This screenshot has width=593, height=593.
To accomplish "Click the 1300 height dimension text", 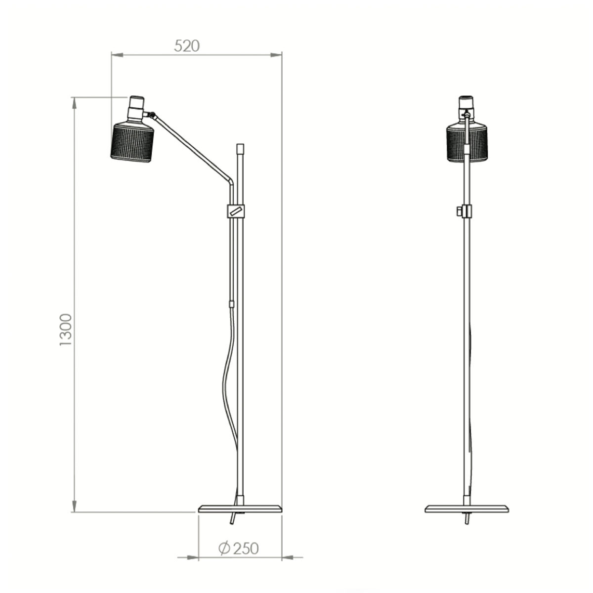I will (66, 329).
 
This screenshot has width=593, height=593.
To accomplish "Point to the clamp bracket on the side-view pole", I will (236, 211).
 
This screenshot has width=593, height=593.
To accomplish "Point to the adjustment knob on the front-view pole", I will (461, 211).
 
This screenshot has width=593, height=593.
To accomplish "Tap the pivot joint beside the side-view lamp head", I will (153, 116).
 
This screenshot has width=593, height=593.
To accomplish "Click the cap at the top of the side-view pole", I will (240, 148).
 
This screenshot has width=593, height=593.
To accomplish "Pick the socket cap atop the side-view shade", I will (136, 105).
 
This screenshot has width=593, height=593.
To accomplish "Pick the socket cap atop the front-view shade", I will (466, 104).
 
